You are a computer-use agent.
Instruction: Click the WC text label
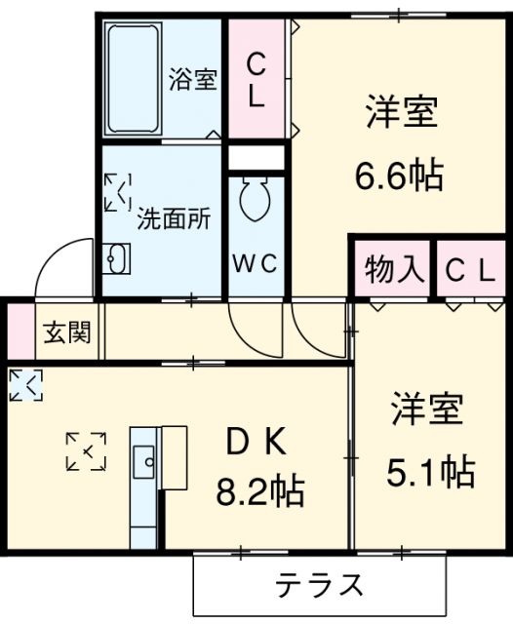coord(256,263)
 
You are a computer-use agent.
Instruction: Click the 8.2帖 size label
coord(259,489)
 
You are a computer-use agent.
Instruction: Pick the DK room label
coord(256,443)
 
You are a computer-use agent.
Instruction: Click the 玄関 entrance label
coord(66,333)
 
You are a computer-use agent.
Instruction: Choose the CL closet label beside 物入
coord(470,271)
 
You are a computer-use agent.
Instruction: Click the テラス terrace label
coord(319,587)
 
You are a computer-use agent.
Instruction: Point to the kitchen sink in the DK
coord(143,456)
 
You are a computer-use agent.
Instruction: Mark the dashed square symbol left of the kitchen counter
coord(86,450)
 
